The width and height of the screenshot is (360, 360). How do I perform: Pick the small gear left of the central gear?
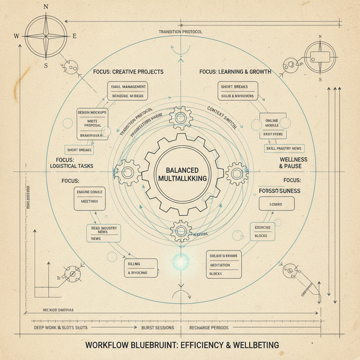(127, 172)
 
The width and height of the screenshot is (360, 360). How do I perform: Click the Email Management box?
(128, 91)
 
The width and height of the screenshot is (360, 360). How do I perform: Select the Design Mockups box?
(92, 124)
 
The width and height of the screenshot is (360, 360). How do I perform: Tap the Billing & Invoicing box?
(141, 268)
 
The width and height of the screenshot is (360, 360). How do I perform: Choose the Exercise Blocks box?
(263, 231)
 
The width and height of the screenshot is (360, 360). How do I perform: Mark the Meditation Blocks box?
(224, 265)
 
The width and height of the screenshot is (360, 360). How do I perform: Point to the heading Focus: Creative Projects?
(128, 72)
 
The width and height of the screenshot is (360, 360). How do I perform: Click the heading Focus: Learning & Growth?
(235, 72)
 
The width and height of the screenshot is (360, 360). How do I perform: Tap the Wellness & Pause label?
(293, 163)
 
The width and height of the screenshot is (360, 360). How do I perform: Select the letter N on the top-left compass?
(46, 7)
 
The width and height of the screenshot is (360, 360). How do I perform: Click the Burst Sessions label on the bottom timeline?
(157, 328)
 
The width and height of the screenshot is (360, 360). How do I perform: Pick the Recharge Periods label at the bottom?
(209, 328)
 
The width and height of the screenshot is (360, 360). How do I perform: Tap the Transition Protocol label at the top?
(180, 32)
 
